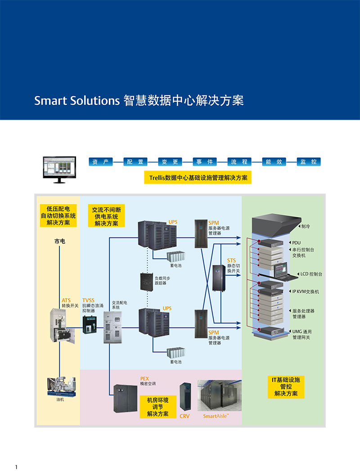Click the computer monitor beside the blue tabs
pyautogui.click(x=58, y=169)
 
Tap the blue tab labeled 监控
pyautogui.click(x=309, y=162)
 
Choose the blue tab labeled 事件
pyautogui.click(x=204, y=162)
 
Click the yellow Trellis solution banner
pyautogui.click(x=198, y=178)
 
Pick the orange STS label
pyautogui.click(x=231, y=260)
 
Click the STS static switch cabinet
pyautogui.click(x=219, y=279)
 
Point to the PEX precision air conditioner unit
pyautogui.click(x=125, y=396)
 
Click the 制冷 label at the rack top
pyautogui.click(x=306, y=227)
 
